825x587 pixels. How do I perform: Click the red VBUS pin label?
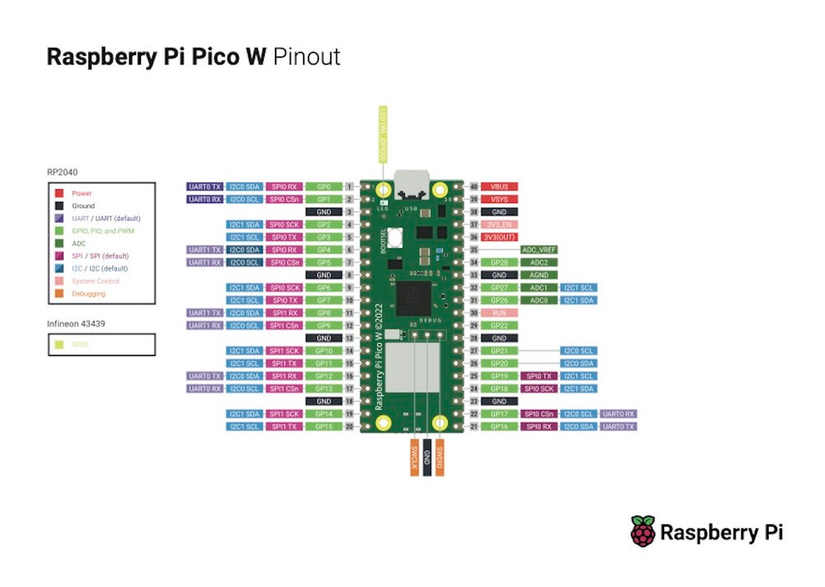(499, 187)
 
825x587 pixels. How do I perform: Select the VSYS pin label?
(499, 200)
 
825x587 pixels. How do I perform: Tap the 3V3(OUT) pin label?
(499, 237)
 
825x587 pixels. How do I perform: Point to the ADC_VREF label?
(539, 249)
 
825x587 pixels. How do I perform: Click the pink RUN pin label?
(499, 313)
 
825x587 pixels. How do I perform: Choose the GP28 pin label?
(499, 263)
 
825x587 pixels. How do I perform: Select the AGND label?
(539, 275)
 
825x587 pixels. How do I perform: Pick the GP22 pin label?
(499, 325)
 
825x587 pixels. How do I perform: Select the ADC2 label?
(539, 263)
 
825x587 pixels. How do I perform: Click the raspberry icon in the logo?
(643, 531)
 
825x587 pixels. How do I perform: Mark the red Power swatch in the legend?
(59, 193)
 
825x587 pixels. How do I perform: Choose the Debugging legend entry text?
(89, 294)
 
